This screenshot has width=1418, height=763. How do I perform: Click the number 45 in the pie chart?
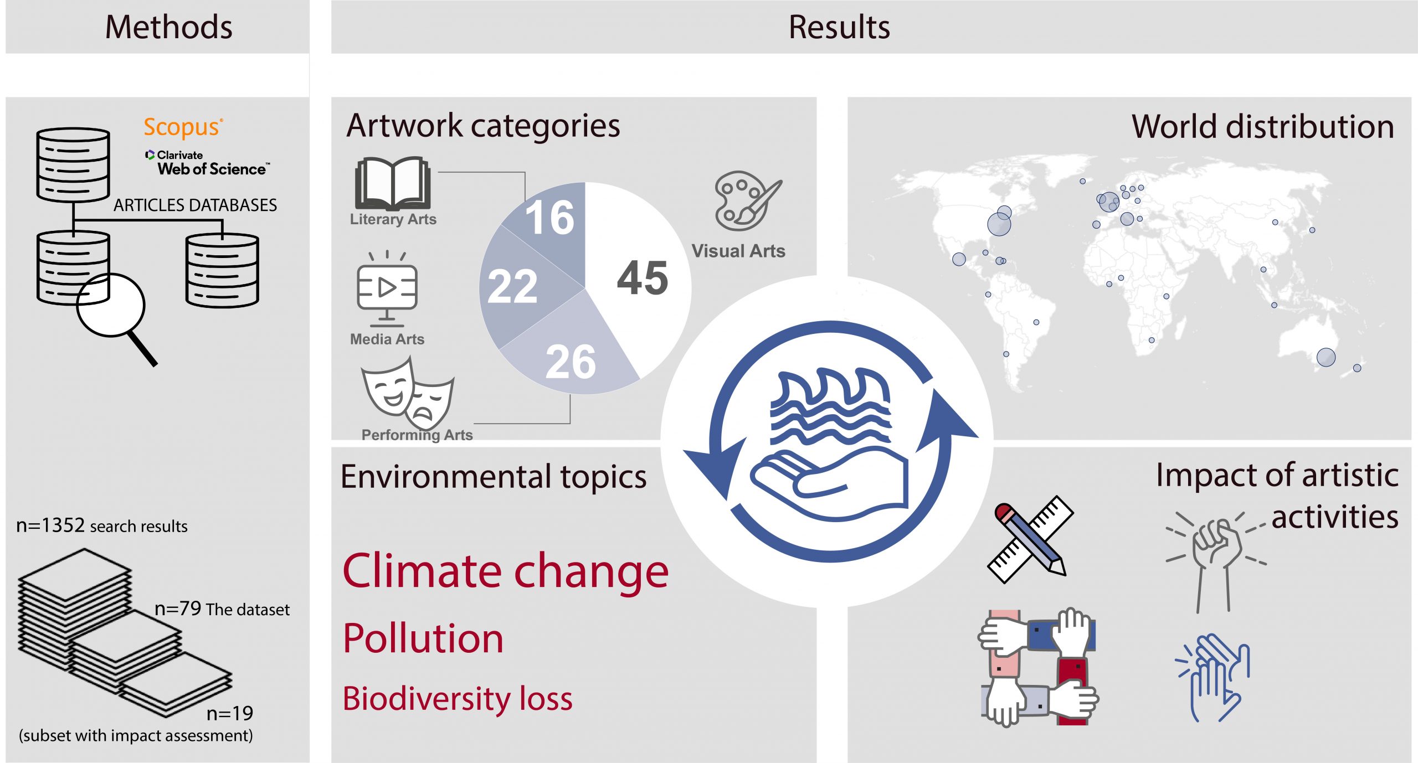[x=643, y=278]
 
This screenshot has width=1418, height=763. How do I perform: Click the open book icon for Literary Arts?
[x=393, y=183]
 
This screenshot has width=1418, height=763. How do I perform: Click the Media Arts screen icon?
[x=387, y=288]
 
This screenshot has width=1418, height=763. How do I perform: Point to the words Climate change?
[x=505, y=570]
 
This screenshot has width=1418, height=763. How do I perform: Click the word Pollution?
[x=423, y=638]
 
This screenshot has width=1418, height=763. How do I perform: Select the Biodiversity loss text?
[x=458, y=699]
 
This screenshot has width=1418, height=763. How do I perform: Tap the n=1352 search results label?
[x=102, y=525]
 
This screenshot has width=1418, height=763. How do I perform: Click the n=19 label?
[x=229, y=713]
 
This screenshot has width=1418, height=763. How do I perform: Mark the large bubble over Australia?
[x=1326, y=357]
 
